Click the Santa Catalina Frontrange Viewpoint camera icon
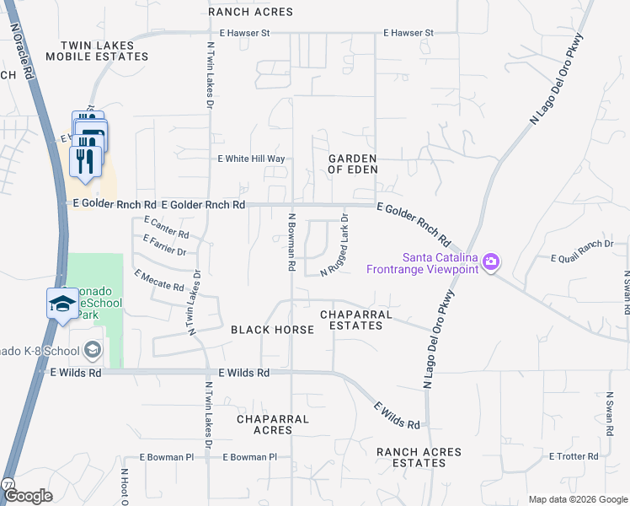click(492, 263)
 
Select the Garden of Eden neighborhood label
click(351, 164)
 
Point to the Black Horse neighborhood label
click(266, 330)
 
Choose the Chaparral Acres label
click(273, 424)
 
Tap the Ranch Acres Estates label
click(419, 458)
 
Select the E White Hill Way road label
click(252, 159)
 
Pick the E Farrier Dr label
click(165, 245)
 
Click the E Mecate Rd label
click(158, 281)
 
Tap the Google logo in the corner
click(28, 496)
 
